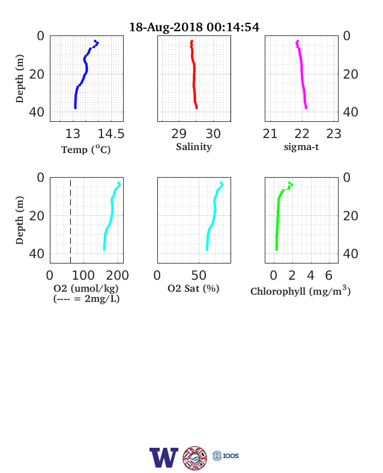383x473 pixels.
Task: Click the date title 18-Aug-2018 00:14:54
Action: [x=194, y=27]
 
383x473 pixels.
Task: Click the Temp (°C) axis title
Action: [x=86, y=149]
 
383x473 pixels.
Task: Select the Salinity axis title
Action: [x=194, y=147]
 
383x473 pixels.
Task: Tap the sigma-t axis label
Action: [x=301, y=147]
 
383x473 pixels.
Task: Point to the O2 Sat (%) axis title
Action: [x=193, y=288]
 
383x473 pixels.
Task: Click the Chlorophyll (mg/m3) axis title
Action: [x=300, y=291]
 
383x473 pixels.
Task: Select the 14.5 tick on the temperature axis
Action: [x=111, y=134]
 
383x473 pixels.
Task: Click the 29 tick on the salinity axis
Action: [x=179, y=134]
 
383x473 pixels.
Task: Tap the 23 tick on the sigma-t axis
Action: [x=334, y=134]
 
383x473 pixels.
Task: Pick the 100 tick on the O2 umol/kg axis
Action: [x=83, y=276]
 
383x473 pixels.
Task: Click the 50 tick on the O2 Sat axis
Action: [x=199, y=276]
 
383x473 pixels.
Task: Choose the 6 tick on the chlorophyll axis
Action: [x=329, y=276]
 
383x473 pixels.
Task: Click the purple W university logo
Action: [x=164, y=457]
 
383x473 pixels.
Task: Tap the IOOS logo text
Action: [x=231, y=456]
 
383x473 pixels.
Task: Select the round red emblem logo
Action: [x=195, y=458]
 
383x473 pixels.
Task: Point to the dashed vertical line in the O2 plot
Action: [x=71, y=221]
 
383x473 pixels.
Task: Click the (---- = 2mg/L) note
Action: [x=86, y=299]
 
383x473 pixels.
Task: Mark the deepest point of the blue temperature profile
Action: [x=75, y=107]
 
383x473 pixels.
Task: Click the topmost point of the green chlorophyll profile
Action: [x=289, y=183]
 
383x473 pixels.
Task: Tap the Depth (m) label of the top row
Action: [x=20, y=79]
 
